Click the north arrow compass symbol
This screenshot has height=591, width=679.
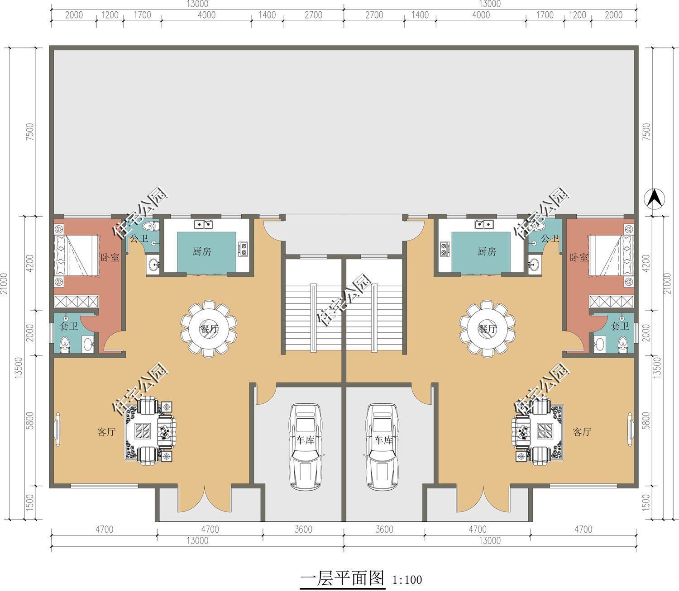(654, 199)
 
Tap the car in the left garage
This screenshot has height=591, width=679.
(305, 446)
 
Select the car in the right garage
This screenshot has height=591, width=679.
(383, 446)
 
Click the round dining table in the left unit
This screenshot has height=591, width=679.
(209, 328)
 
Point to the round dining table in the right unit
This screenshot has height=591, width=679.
(487, 328)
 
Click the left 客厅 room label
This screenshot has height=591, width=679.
(106, 431)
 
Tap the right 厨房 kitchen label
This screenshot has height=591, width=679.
(487, 251)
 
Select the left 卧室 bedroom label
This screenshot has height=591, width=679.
(110, 257)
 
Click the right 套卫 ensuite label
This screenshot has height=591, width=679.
(620, 326)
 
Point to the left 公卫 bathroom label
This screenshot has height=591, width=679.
(139, 238)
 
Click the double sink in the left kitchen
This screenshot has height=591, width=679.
(203, 224)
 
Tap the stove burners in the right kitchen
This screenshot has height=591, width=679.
(444, 249)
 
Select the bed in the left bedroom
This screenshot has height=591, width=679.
(77, 256)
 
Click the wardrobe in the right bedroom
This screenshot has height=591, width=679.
(611, 301)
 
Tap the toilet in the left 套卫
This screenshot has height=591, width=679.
(65, 345)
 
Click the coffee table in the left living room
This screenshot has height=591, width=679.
(143, 431)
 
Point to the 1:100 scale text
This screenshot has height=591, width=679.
(407, 579)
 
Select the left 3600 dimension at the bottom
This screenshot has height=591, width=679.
(303, 529)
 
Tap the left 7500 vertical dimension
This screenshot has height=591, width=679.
(30, 132)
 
